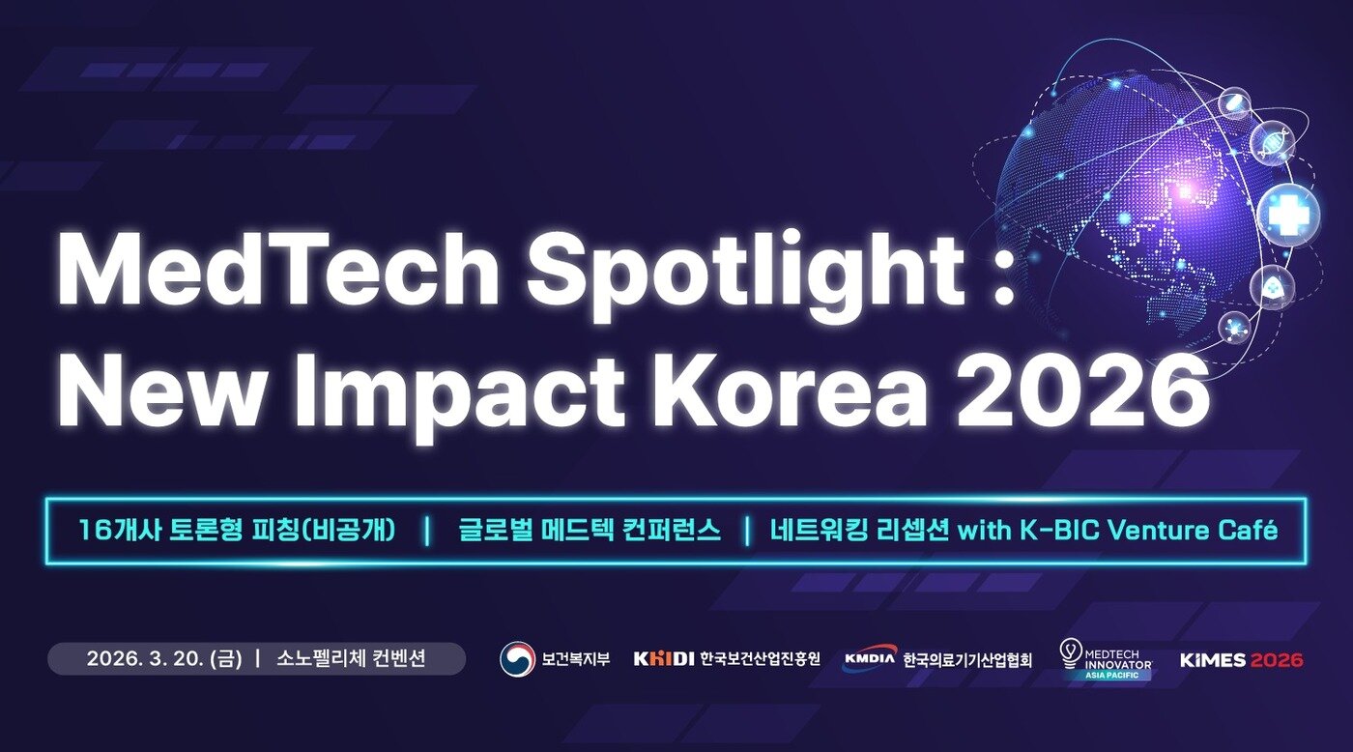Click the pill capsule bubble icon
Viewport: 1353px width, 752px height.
tap(1235, 101)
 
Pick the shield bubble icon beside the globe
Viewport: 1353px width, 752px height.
tap(1272, 286)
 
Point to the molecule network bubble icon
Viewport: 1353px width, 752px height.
tap(1234, 328)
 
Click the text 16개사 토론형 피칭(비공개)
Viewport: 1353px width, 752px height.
tap(238, 531)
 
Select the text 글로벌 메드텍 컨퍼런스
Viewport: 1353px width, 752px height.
tap(590, 531)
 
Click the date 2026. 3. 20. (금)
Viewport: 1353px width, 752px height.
tap(164, 659)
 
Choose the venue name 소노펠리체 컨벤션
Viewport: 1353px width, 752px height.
tap(351, 659)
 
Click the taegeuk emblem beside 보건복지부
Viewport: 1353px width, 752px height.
tap(517, 659)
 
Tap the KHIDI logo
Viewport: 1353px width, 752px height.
tap(664, 659)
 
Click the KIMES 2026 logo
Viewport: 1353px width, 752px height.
tap(1241, 660)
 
